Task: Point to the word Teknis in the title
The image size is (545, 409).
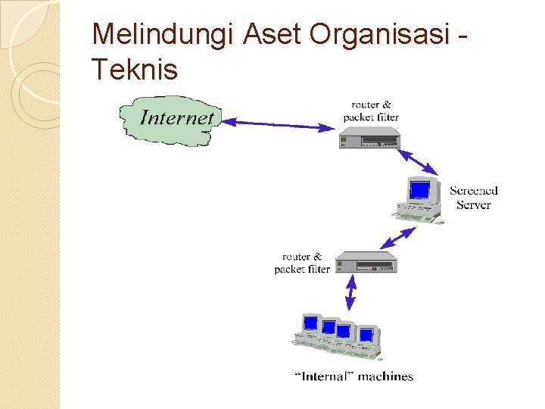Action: pos(135,70)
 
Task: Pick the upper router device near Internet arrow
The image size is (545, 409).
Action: pos(369,138)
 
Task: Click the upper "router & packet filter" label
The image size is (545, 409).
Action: pos(371,111)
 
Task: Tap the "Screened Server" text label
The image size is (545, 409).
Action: pos(474,198)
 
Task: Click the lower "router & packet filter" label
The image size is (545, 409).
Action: pos(302,263)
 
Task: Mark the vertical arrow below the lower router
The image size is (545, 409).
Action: pos(350,292)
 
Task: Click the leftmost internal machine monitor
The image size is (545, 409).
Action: pos(310,323)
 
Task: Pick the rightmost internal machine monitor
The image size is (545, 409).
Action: pos(366,335)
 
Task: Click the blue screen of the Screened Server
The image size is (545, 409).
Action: pos(419,189)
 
